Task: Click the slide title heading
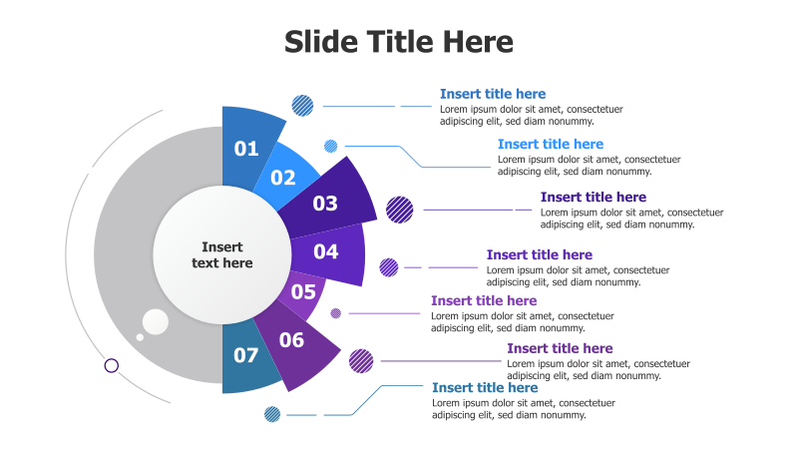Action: coord(399,42)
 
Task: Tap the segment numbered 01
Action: coord(246,149)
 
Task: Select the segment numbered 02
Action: coord(283,178)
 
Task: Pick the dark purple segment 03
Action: coord(326,204)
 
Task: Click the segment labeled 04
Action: coord(326,251)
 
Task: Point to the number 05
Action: coord(303,292)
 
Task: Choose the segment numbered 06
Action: coord(291,340)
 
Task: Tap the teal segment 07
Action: coord(245,355)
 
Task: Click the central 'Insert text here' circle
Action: coord(221,255)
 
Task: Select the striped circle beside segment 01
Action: coord(302,105)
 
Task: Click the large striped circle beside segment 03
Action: coord(399,210)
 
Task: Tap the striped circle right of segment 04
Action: coord(389,267)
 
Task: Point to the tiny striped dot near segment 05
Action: coord(336,313)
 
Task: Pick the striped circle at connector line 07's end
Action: coord(272,413)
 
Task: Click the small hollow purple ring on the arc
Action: coord(112,365)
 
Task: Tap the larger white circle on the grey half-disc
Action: coord(156,321)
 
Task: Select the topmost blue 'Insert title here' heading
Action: coord(493,94)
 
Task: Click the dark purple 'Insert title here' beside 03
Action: coord(594,198)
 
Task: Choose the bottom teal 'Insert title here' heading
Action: coord(485,387)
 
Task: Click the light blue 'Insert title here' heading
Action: coord(551,145)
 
